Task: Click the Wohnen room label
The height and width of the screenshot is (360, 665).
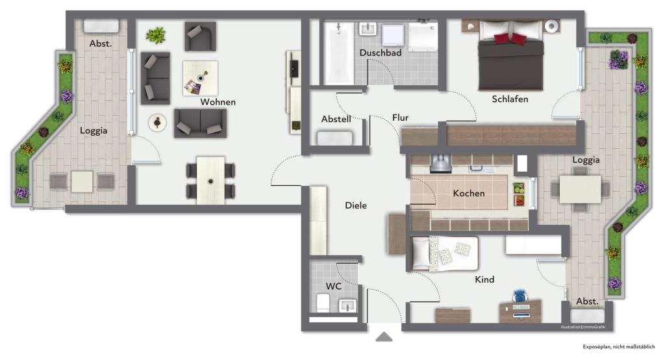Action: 218,102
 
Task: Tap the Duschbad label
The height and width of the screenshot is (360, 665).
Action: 381,53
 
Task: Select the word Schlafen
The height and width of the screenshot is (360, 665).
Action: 510,99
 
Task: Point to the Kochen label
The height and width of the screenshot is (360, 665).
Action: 469,193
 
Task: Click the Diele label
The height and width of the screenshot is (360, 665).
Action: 355,205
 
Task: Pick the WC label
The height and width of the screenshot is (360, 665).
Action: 333,286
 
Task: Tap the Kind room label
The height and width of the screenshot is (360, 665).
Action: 484,279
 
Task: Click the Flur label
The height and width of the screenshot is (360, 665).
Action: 400,118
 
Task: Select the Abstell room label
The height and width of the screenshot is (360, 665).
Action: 336,120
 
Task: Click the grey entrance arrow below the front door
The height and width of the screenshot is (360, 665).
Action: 384,337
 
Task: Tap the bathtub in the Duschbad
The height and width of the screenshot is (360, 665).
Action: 339,53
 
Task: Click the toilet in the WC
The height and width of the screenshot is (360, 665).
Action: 323,302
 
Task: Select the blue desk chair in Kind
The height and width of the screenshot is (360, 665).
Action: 520,296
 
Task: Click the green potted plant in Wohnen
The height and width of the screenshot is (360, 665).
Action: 156,35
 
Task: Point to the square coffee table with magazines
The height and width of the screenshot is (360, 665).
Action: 200,78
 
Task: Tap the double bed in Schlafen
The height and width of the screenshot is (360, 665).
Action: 510,55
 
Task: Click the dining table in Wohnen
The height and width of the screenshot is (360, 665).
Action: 211,181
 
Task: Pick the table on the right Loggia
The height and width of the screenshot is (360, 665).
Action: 580,189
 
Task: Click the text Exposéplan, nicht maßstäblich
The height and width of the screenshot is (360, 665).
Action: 618,347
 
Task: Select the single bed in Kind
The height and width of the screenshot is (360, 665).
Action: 445,253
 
